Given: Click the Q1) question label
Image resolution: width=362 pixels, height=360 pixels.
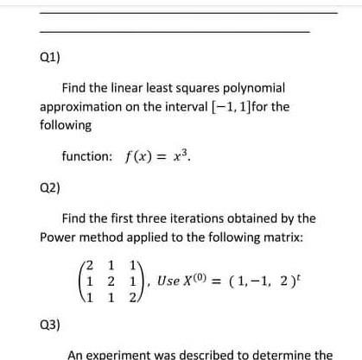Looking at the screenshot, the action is tap(49, 62).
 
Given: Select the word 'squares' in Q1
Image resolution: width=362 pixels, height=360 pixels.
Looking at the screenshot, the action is tap(184, 90).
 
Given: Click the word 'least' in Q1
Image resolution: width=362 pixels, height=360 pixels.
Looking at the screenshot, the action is tap(144, 90).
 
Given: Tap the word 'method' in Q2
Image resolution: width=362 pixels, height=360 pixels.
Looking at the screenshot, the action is tap(100, 237).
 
